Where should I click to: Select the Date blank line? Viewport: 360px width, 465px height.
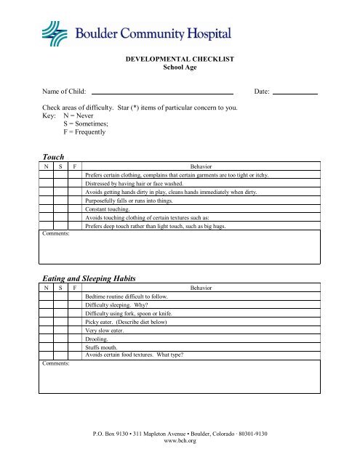[295, 93]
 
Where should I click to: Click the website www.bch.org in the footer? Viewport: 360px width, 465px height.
[180, 440]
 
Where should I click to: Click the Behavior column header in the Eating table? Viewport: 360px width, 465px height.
[201, 288]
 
